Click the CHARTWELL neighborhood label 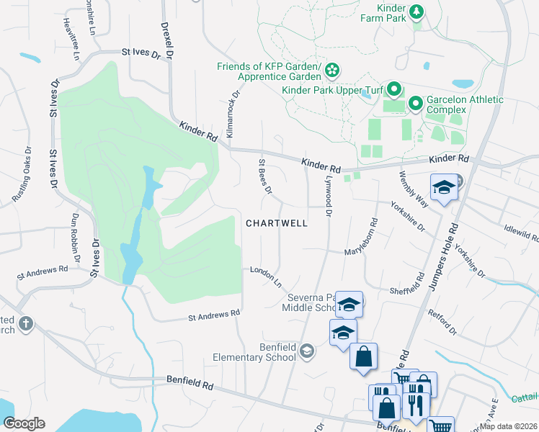tap(277, 223)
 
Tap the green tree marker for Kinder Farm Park tap(416, 12)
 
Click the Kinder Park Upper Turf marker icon tap(393, 90)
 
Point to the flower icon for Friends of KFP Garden tap(332, 71)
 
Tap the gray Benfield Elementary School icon tap(307, 351)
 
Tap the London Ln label tap(265, 274)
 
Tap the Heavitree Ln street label tap(69, 33)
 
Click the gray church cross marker tap(26, 323)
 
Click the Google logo tap(24, 423)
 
